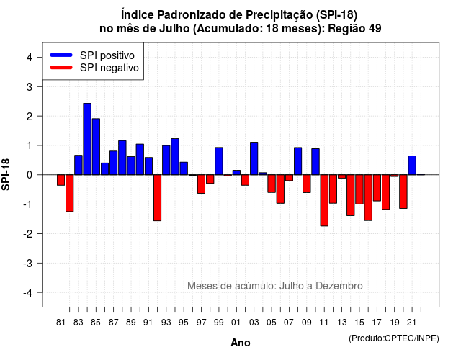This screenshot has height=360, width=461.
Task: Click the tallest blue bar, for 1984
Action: coord(87,139)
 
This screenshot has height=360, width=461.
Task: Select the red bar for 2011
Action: coord(324,200)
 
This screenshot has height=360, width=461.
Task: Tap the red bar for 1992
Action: coord(157,198)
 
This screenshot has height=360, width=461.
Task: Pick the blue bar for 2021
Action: coord(412,166)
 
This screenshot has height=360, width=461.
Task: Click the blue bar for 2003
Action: coord(254,158)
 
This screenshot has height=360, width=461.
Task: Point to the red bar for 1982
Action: coord(69,193)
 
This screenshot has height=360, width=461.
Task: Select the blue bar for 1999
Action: coord(219,161)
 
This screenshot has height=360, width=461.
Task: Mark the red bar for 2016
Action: coord(368,197)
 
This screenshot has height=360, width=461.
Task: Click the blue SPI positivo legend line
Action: coord(61,55)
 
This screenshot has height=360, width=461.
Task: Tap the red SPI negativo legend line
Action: coord(61,68)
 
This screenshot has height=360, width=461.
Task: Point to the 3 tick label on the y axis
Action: coord(30,86)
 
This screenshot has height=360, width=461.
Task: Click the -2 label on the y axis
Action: coord(28,233)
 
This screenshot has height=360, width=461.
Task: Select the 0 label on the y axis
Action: coord(30,175)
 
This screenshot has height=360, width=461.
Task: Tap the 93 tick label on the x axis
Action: coord(166,323)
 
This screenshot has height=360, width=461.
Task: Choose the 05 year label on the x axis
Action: coord(272,323)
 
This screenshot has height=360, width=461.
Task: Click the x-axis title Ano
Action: coord(241,343)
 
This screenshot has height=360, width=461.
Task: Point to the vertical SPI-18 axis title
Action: coord(6,174)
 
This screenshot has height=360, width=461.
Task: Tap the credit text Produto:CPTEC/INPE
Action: coord(394,338)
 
